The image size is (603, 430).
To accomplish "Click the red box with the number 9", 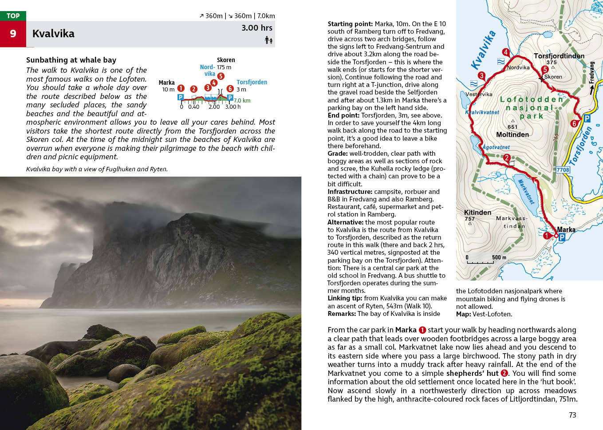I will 13,34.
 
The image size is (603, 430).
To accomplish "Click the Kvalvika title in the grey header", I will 53,34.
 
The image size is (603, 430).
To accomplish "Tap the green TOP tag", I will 13,16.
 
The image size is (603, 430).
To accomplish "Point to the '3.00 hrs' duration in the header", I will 256,28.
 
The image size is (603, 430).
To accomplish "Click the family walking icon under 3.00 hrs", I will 268,40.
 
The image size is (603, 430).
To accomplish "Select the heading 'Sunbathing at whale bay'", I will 71,60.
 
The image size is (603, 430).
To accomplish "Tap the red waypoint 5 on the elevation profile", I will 221,76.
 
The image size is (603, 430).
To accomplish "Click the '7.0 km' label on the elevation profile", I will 242,101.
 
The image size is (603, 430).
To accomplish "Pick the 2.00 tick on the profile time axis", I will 214,107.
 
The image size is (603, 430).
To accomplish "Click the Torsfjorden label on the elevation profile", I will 252,82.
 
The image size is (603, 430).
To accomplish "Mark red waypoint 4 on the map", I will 505,52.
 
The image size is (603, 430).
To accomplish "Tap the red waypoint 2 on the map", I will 507,158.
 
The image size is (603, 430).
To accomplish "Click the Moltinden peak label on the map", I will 512,134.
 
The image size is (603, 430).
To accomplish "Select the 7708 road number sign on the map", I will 563,170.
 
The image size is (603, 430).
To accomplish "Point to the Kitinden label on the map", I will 477,213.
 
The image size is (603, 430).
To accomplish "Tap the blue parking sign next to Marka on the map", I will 562,237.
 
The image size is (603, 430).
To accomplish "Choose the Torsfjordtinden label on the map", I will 559,56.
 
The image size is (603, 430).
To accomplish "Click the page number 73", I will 572,415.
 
